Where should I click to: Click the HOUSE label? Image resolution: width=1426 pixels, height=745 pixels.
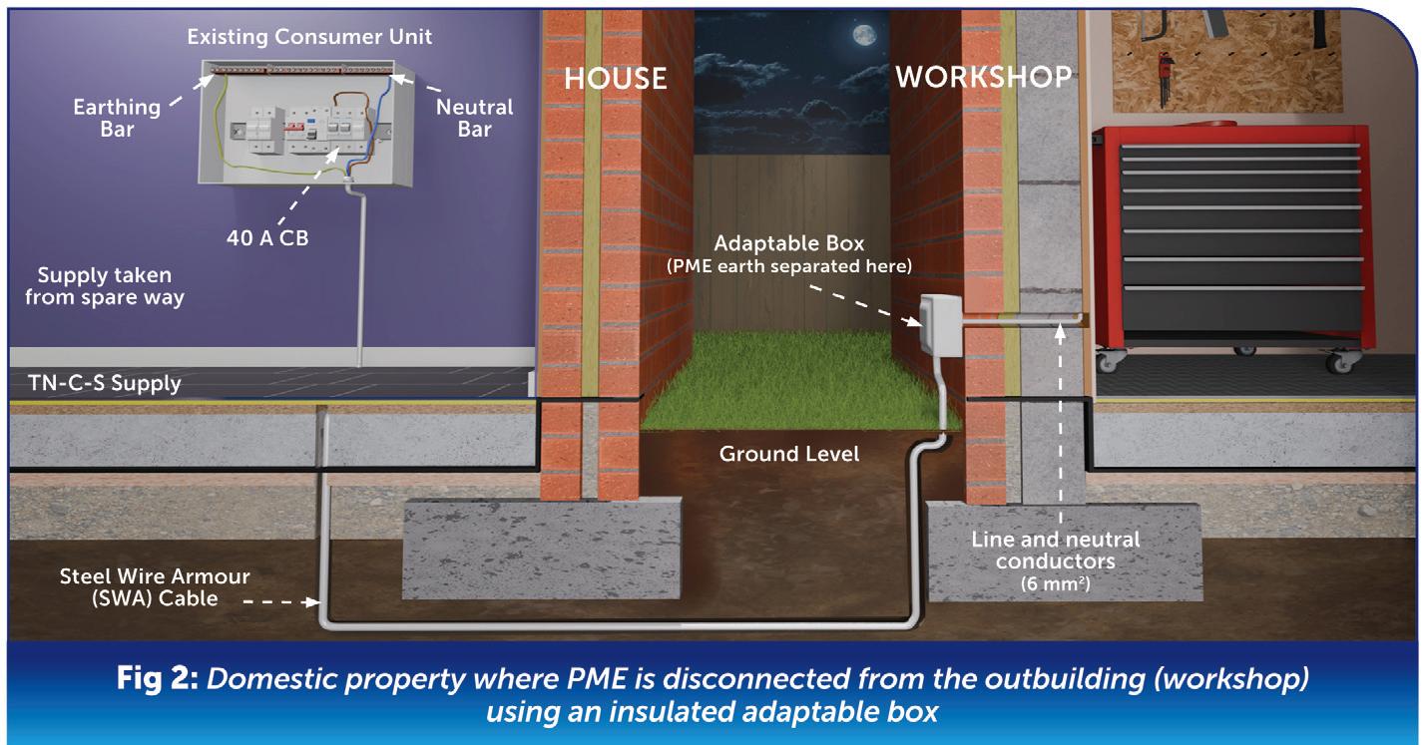[615, 78]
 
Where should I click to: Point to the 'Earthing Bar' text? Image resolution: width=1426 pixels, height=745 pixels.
[118, 118]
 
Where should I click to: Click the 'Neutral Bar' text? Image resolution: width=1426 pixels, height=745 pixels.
[475, 118]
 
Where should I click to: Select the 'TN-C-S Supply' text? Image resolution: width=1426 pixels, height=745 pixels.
[105, 383]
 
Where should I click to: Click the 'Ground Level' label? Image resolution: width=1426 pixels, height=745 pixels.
[789, 454]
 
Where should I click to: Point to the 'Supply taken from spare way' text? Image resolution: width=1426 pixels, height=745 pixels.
[105, 286]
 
